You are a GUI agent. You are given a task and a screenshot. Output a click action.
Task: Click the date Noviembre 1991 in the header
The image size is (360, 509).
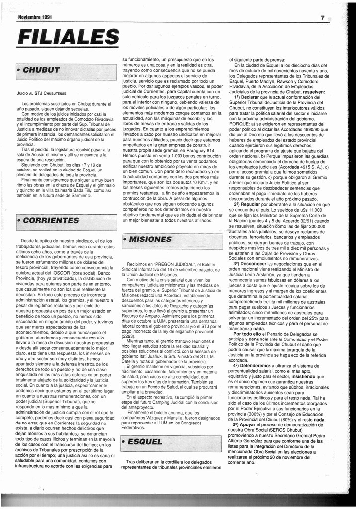click(x=34, y=17)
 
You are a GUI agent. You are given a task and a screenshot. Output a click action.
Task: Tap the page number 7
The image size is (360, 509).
click(x=323, y=17)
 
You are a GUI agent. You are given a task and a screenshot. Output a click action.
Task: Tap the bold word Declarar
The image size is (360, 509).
click(x=250, y=97)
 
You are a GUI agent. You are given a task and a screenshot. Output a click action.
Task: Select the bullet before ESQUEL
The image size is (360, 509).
click(x=123, y=441)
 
